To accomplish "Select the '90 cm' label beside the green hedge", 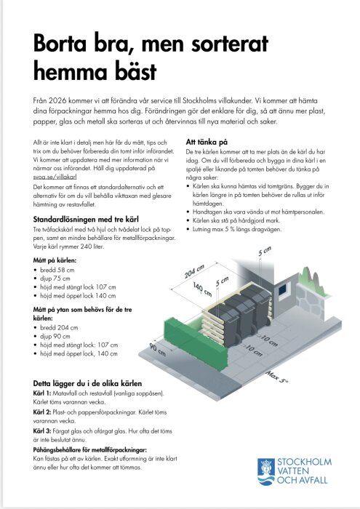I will [x=158, y=350].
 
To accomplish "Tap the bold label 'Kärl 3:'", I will [x=45, y=431].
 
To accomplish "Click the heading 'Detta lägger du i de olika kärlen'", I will [x=88, y=382].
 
